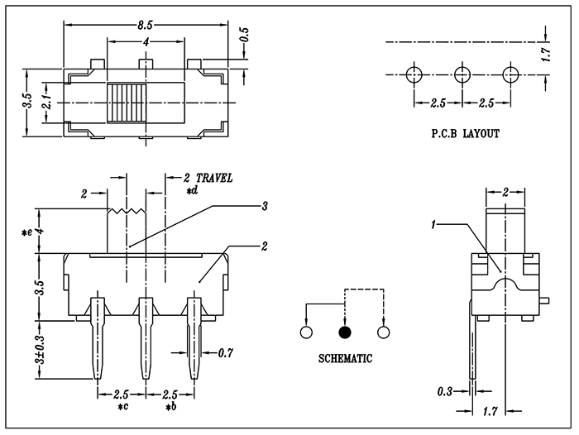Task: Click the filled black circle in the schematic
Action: (x=344, y=332)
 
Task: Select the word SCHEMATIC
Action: (x=345, y=358)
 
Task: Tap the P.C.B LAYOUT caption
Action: (x=465, y=132)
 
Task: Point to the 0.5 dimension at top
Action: (x=244, y=36)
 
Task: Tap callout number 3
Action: (x=265, y=205)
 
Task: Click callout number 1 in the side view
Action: (x=433, y=223)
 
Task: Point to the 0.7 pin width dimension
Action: (x=226, y=354)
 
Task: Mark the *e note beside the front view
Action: (x=27, y=234)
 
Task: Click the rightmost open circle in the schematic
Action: (x=382, y=332)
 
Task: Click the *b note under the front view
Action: (x=170, y=408)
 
